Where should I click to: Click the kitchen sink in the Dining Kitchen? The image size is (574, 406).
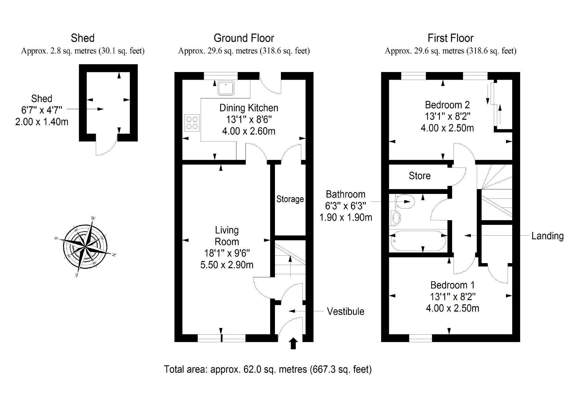226,88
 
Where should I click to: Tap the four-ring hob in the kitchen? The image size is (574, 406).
192,123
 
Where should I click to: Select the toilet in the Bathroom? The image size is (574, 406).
405,202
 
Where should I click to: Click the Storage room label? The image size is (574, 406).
290,199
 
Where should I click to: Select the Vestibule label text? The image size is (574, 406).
345,311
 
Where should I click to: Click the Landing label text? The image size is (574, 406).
547,236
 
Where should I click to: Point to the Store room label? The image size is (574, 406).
420,176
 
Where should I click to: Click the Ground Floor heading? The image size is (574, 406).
244,38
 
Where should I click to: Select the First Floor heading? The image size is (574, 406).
450,38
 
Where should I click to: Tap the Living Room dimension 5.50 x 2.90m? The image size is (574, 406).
227,265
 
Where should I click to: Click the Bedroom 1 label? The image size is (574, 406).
452,285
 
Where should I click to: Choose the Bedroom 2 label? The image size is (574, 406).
447,105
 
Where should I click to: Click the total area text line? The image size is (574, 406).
268,369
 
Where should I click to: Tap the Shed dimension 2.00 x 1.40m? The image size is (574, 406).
42,122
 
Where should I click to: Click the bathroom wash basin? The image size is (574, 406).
395,218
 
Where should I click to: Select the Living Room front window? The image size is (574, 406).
221,338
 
